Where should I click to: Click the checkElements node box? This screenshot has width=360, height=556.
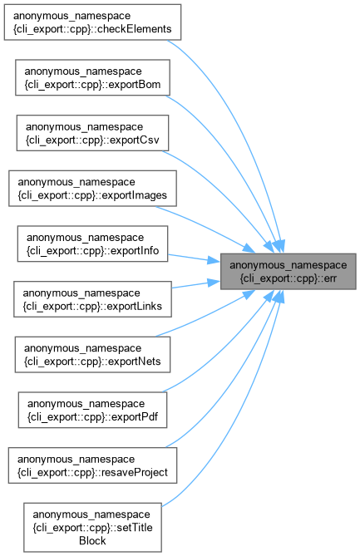coord(92,22)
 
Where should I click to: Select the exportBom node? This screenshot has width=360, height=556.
coord(92,77)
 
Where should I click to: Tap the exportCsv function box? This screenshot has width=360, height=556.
coord(92,133)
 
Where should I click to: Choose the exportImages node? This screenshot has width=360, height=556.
coord(92,189)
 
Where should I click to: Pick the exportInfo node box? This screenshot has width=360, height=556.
coord(92,244)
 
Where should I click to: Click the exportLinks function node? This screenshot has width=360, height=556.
coord(92,299)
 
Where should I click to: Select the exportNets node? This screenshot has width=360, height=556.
coord(92,355)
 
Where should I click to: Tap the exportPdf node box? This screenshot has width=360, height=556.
coord(92,410)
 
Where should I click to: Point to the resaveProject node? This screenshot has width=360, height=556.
coord(92,465)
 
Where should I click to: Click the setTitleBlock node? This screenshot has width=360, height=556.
coord(92,527)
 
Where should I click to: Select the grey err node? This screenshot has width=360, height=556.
coord(288,272)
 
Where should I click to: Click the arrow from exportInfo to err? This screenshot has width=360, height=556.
coord(194,258)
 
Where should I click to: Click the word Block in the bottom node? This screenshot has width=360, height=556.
coord(92,541)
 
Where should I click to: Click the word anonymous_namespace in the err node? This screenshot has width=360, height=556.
coord(288,265)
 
